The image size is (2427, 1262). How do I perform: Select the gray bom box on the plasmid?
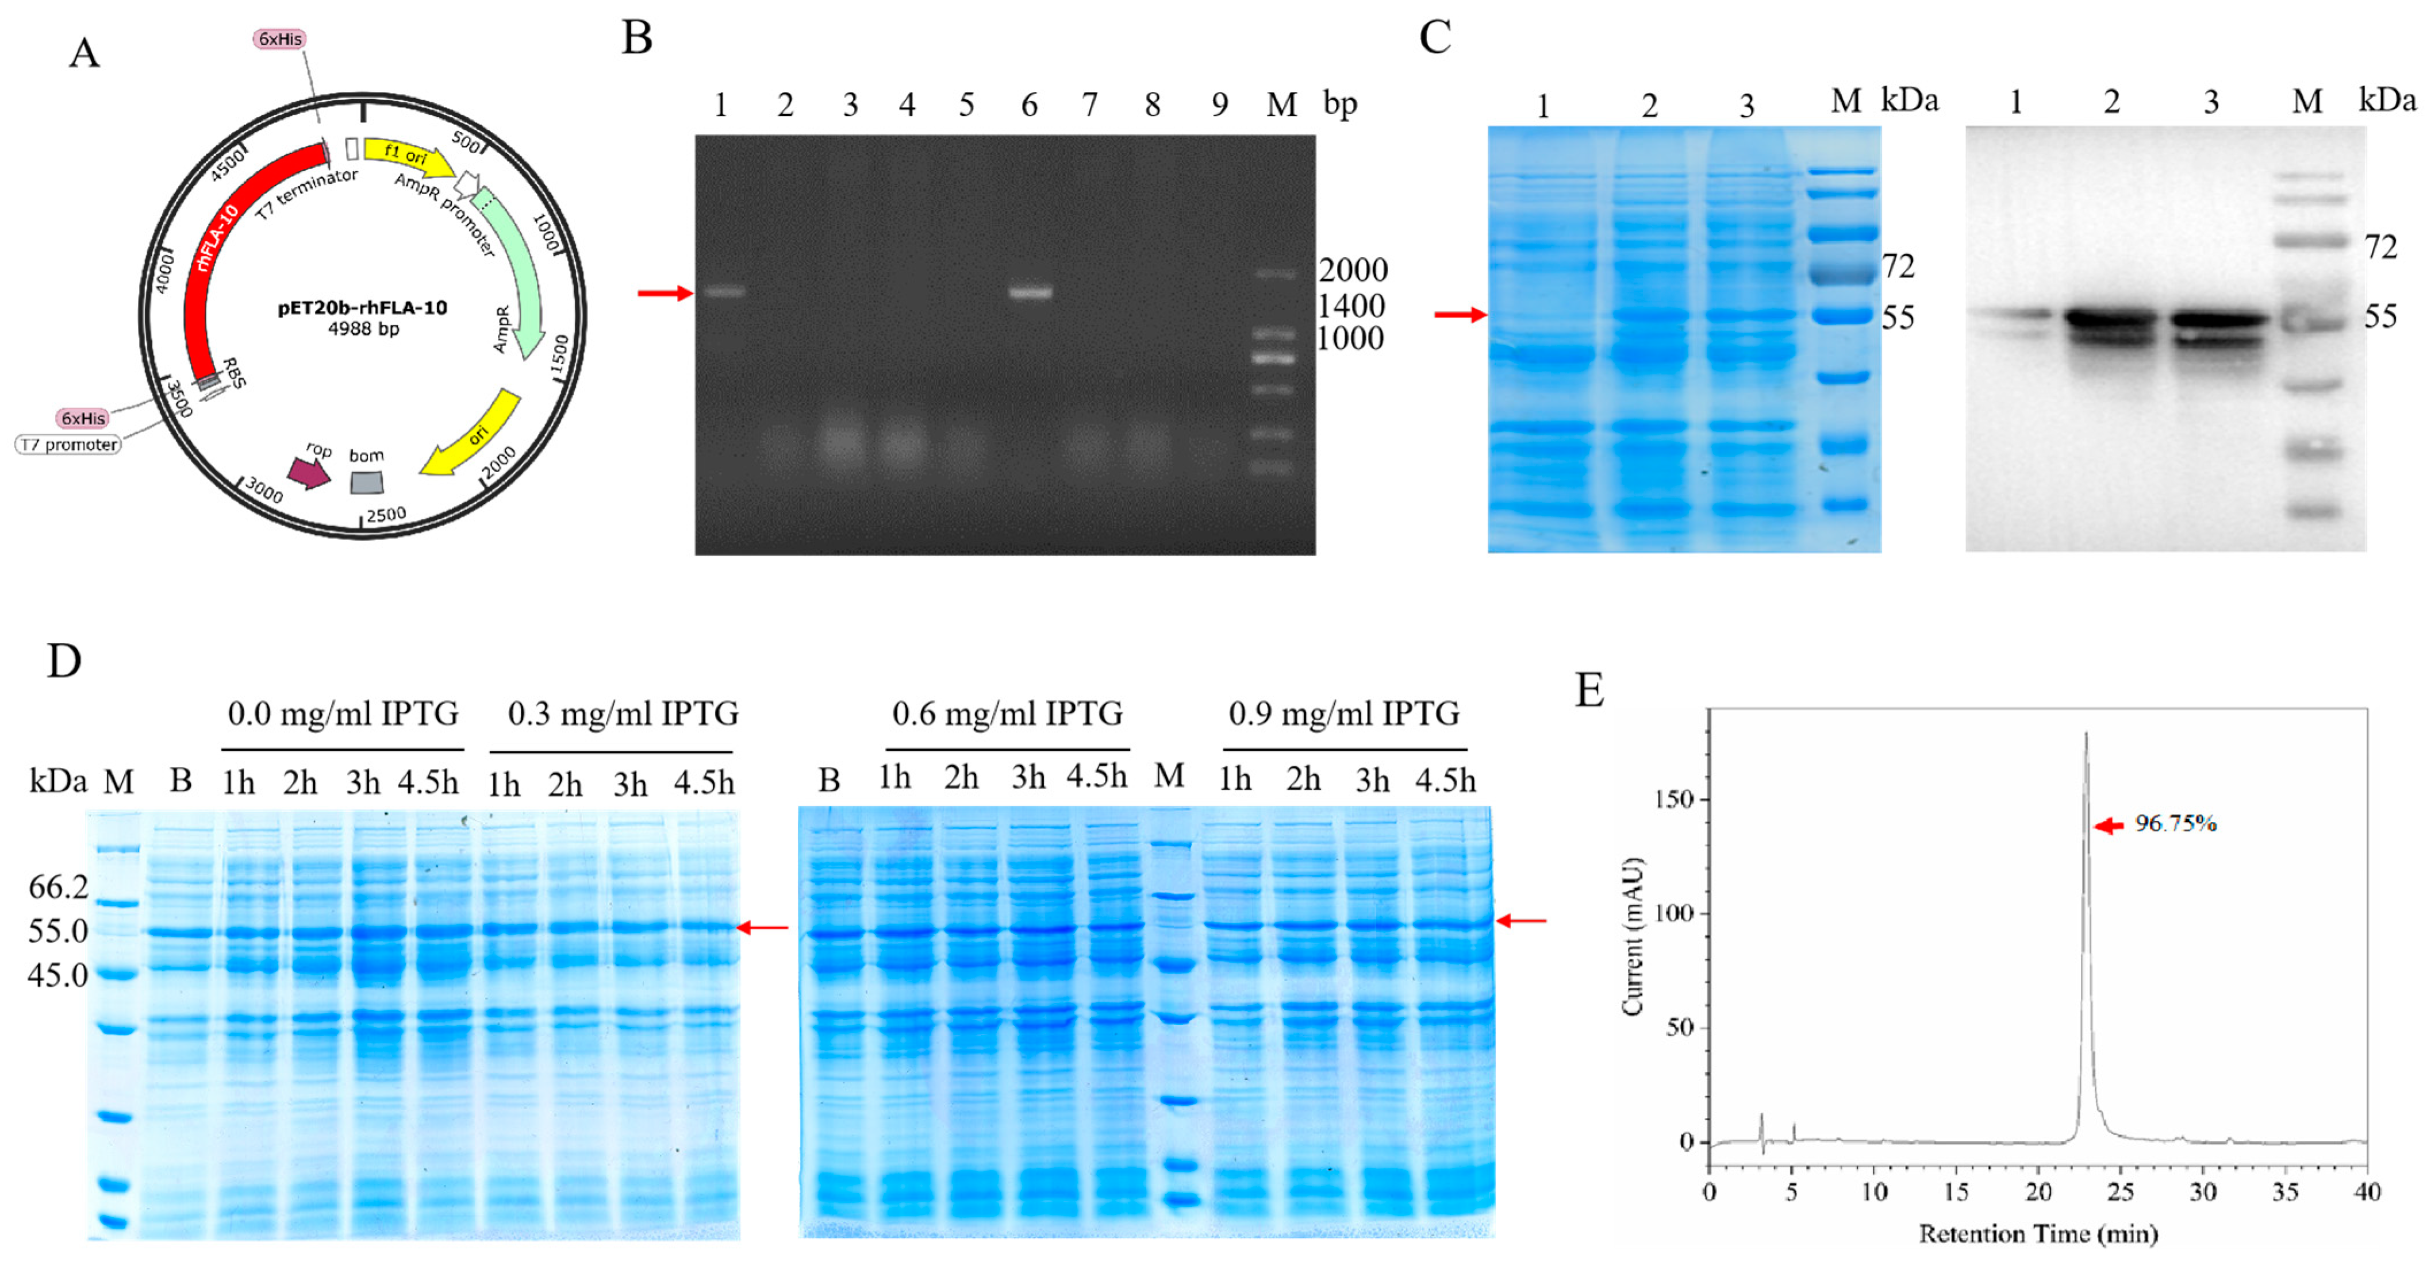(367, 482)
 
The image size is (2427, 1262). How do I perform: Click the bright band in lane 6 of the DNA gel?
(1030, 292)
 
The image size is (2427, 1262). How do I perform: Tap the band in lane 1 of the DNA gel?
(724, 292)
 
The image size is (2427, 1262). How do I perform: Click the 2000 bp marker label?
(1352, 271)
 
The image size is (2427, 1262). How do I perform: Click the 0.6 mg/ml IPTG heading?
(1007, 714)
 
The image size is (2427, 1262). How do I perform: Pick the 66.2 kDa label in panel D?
(59, 886)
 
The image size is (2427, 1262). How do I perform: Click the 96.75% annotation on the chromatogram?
(2175, 824)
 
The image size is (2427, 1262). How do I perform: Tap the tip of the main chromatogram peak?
(2086, 735)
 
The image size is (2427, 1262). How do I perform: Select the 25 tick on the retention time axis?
(2120, 1192)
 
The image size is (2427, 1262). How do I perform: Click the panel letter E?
(1589, 690)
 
